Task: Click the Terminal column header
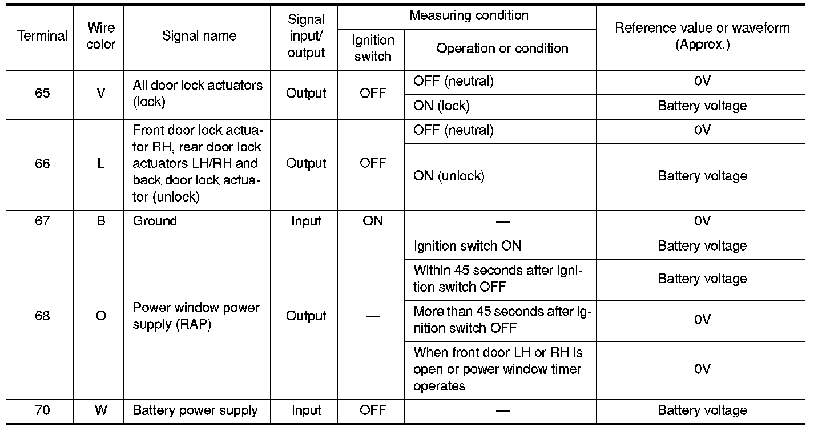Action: [x=42, y=36]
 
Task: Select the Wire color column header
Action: [x=101, y=36]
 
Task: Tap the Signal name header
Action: [x=199, y=36]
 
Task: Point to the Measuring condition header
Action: [x=469, y=15]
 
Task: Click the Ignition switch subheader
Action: [x=372, y=48]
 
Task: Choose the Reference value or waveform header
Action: [x=702, y=37]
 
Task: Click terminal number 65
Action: [x=42, y=94]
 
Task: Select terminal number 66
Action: [x=42, y=164]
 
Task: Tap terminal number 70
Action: [x=42, y=410]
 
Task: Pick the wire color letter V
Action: [x=101, y=94]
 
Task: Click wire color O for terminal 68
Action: [x=101, y=316]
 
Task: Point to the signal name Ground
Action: [x=155, y=221]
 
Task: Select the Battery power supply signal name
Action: [x=195, y=410]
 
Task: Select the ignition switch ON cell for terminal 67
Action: [x=372, y=221]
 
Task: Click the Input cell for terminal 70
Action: [x=306, y=410]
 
